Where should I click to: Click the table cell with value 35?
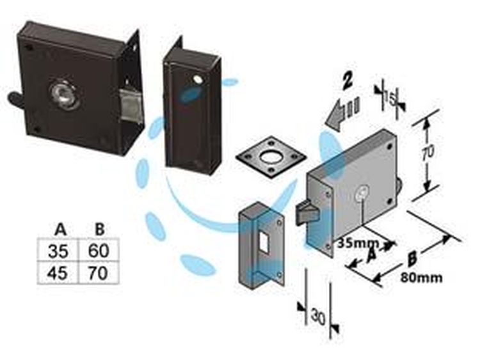pyautogui.click(x=58, y=250)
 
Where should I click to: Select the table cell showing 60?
pyautogui.click(x=99, y=250)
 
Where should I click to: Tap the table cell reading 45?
pyautogui.click(x=58, y=272)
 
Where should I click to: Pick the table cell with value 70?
pyautogui.click(x=99, y=272)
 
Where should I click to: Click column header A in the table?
pyautogui.click(x=60, y=230)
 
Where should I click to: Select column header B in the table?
pyautogui.click(x=99, y=230)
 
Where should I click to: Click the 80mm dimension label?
pyautogui.click(x=421, y=278)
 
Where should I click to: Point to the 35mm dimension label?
pyautogui.click(x=358, y=243)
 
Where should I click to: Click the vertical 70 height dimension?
pyautogui.click(x=427, y=152)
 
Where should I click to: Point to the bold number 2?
pyautogui.click(x=348, y=81)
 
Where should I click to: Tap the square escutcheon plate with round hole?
pyautogui.click(x=271, y=157)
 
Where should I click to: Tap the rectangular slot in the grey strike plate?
pyautogui.click(x=263, y=242)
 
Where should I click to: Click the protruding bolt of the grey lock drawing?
pyautogui.click(x=305, y=212)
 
